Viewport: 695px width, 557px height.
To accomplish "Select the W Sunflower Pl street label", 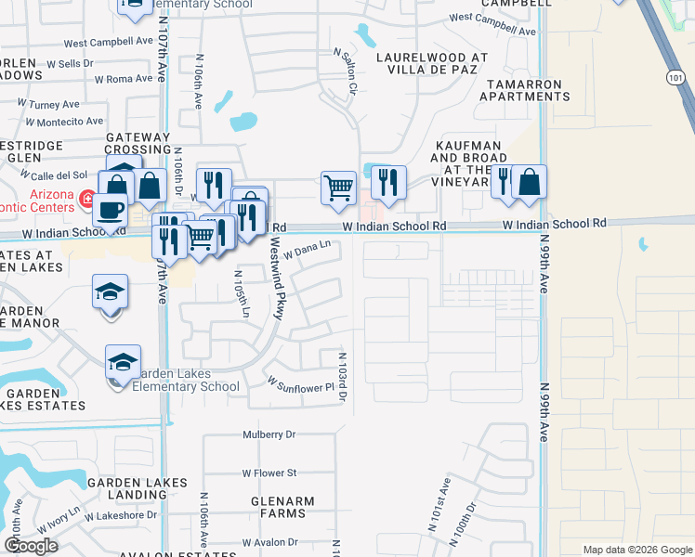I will pos(299,382).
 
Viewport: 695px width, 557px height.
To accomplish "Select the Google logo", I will pos(31,546).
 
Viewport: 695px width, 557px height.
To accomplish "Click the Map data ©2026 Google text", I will pos(636,550).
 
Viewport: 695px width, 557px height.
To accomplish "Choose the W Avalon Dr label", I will pos(269,542).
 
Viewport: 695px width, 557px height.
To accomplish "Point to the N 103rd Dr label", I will pos(343,377).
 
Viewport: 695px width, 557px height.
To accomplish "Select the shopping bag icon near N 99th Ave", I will pos(529,181).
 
